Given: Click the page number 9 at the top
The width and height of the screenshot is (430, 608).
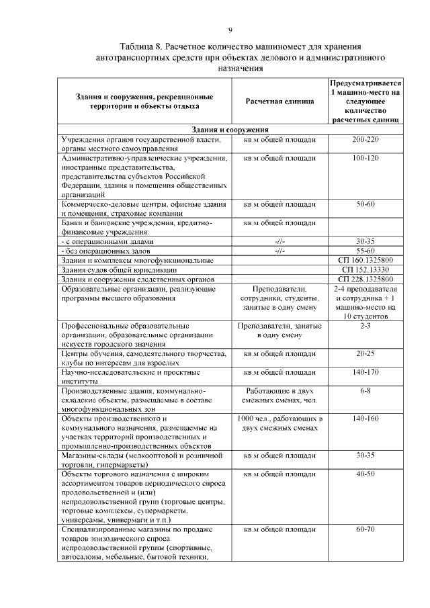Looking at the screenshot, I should [x=230, y=30].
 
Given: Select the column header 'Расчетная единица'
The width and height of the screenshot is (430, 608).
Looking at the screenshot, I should [x=280, y=101].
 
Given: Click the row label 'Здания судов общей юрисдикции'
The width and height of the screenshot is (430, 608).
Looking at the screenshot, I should [x=122, y=269].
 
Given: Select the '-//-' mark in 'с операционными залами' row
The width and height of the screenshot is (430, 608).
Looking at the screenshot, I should [x=280, y=241].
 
